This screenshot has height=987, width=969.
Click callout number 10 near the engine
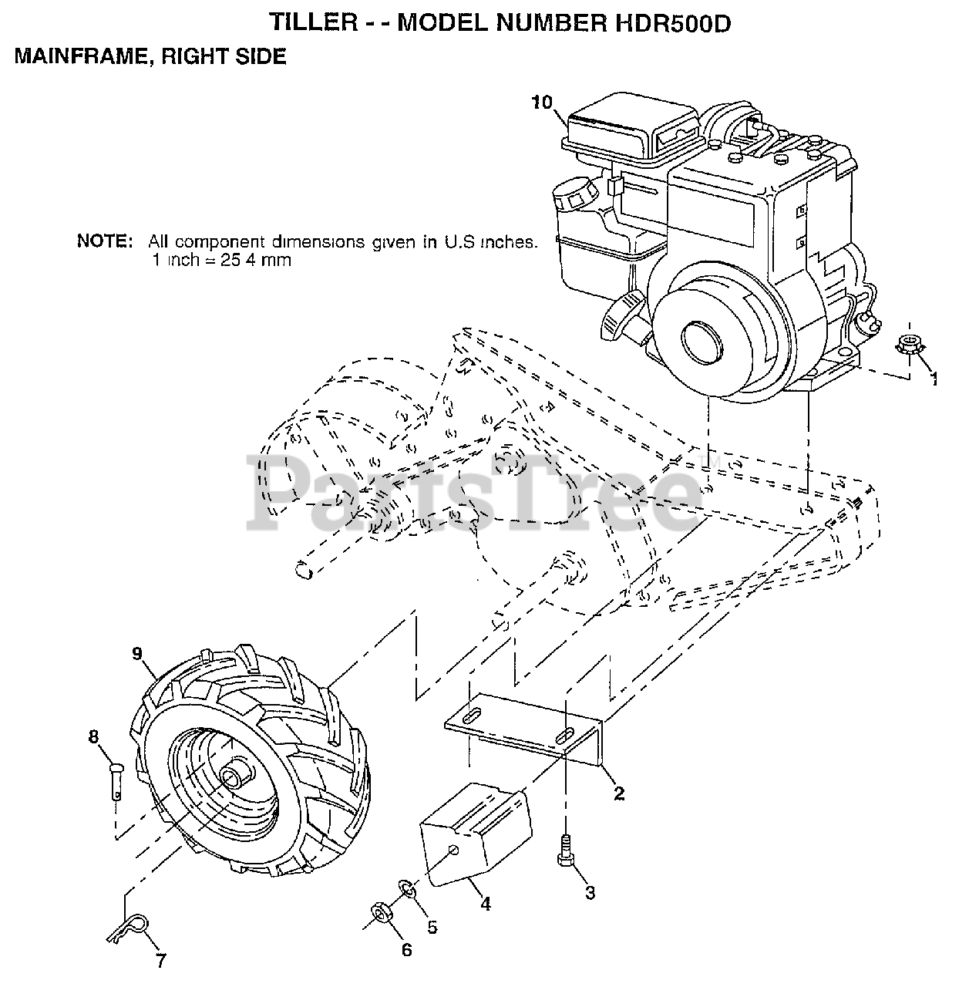click(x=542, y=103)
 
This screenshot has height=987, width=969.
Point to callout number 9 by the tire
click(x=138, y=654)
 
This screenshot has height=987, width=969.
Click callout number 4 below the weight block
click(x=486, y=903)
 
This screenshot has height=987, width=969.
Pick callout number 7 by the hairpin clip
click(x=160, y=960)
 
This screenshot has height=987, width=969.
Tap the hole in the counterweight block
click(x=454, y=851)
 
